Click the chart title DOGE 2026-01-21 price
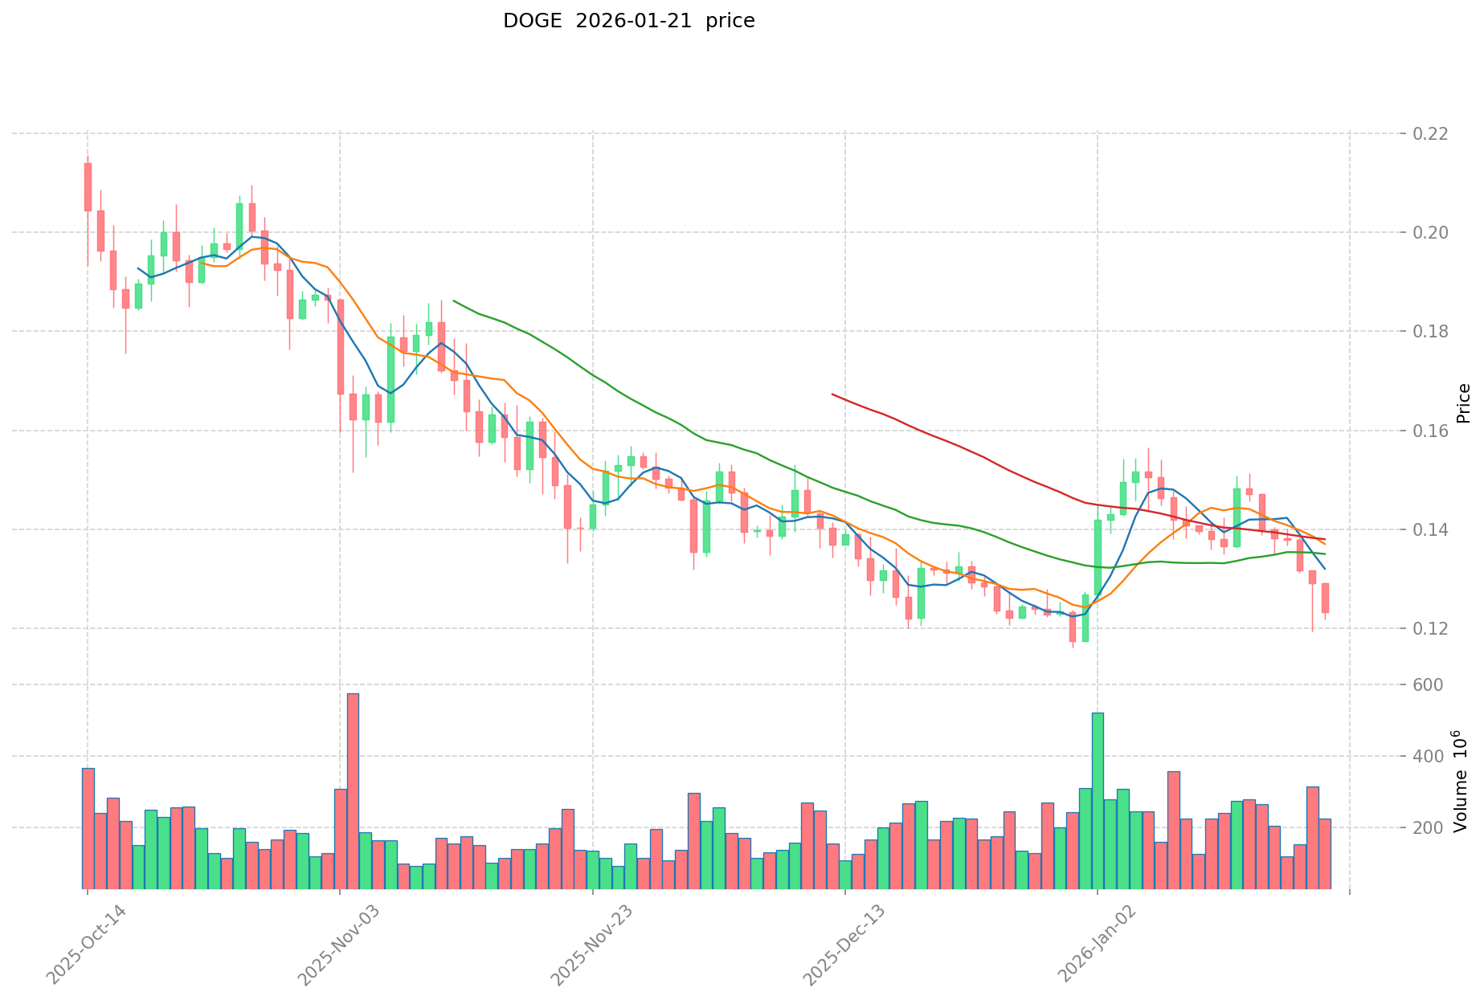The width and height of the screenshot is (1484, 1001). coord(628,21)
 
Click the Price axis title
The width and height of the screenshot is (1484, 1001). coord(1463,403)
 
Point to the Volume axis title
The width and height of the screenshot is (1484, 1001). coord(1460,782)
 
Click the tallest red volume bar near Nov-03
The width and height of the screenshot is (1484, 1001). coord(353,791)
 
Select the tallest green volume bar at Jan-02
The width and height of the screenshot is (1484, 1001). coord(1098,801)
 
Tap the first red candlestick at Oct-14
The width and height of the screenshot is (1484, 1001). coord(88,187)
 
